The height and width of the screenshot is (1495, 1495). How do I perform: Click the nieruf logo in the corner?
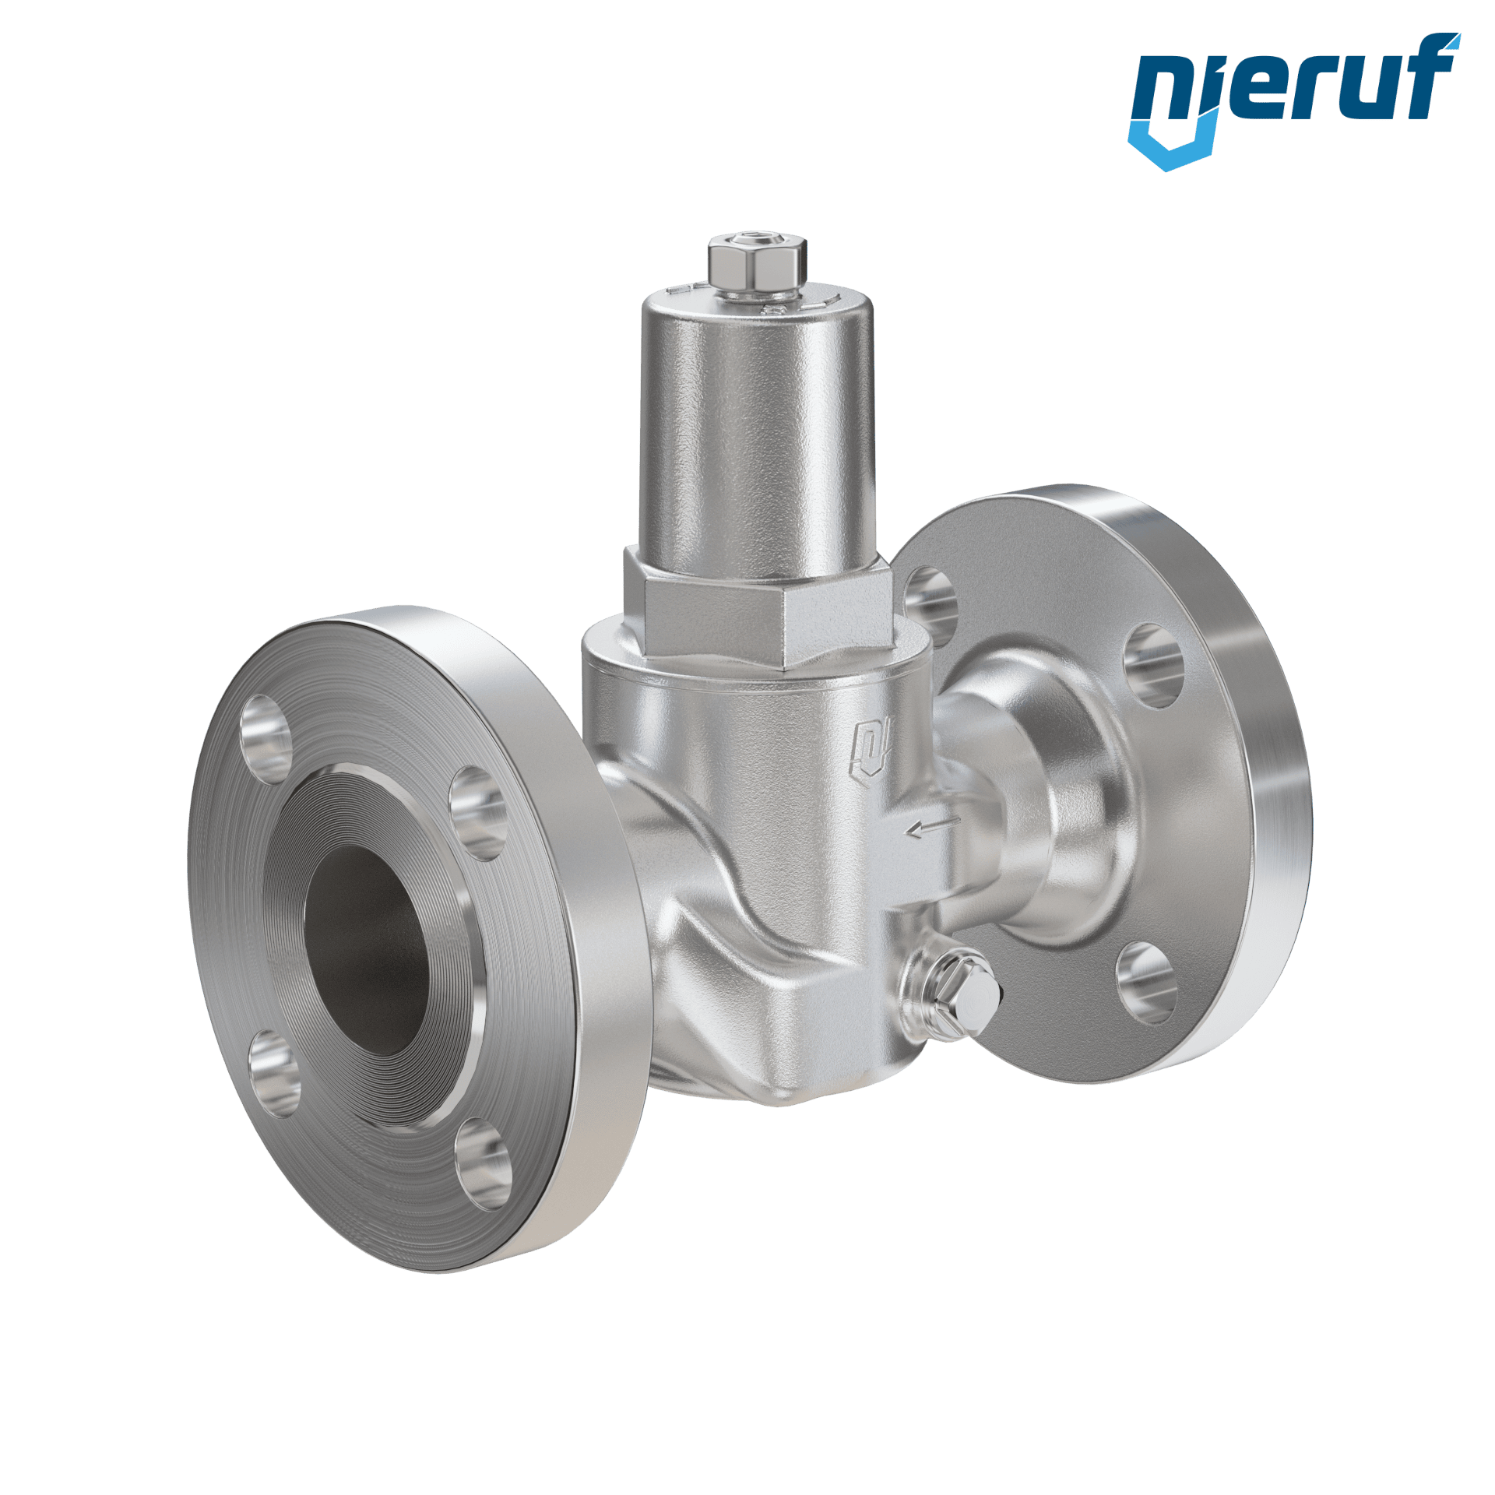pyautogui.click(x=1293, y=101)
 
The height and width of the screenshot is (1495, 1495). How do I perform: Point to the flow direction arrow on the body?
pyautogui.click(x=934, y=825)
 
